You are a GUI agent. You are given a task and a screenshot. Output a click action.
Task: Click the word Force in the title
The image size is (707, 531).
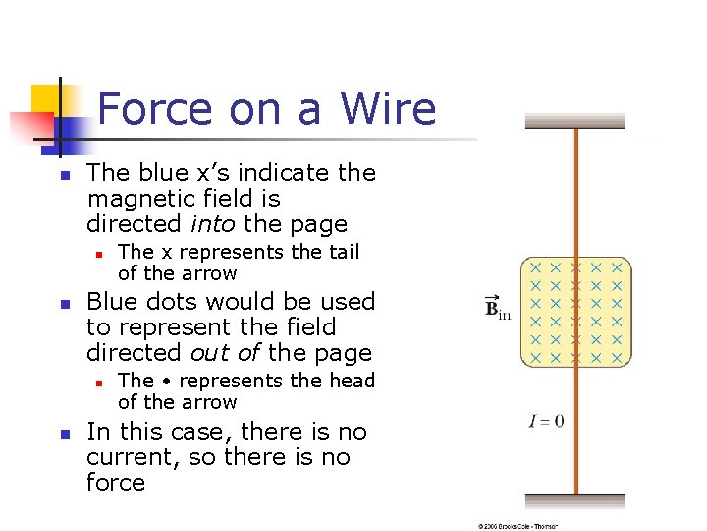click(x=156, y=108)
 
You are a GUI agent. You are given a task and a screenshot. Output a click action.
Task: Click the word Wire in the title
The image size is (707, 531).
click(x=388, y=108)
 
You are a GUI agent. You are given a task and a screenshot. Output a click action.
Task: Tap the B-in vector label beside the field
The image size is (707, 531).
click(x=498, y=309)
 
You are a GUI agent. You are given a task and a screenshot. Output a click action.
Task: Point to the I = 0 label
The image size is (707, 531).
click(x=545, y=422)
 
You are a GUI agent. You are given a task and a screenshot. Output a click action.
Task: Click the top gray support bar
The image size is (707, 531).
click(x=574, y=121)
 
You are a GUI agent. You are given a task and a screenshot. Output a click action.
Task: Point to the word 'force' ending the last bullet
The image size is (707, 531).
click(x=116, y=483)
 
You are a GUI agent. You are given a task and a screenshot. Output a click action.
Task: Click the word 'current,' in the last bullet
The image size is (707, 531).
click(x=127, y=457)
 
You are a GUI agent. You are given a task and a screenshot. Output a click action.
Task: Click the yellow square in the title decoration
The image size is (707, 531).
click(x=46, y=99)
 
